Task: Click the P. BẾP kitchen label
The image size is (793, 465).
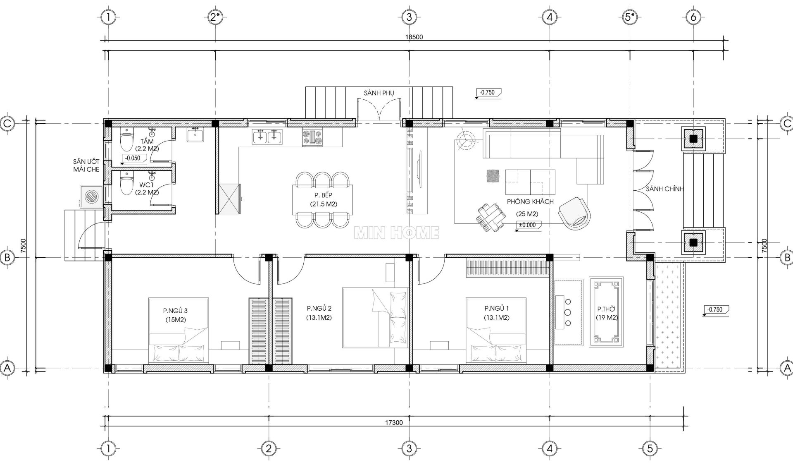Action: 323,195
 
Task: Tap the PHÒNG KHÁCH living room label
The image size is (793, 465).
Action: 530,201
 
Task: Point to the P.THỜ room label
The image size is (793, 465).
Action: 606,309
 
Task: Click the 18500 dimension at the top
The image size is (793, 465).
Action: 414,37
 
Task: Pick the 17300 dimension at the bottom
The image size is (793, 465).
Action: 394,422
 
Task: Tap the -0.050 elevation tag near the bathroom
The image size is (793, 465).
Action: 133,158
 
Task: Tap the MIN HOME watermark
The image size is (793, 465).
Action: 397,233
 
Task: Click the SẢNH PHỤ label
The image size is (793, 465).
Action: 379,93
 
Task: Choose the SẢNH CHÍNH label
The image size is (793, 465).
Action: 664,189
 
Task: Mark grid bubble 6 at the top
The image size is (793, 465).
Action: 693,17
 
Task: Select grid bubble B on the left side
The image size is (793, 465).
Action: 7,258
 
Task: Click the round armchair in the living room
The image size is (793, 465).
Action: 574,213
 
